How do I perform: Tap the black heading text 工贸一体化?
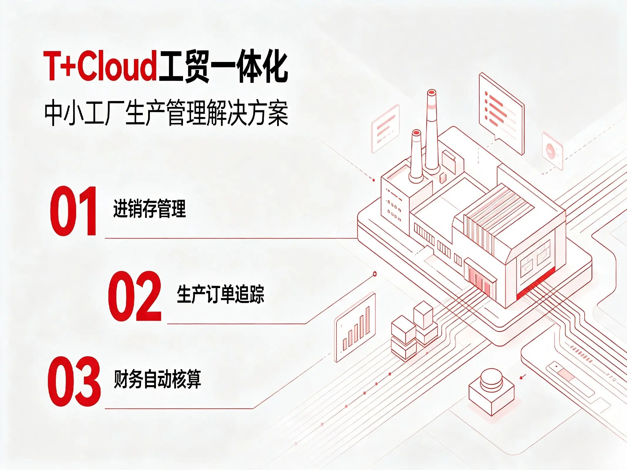coord(223,67)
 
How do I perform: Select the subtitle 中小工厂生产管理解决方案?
coord(166,113)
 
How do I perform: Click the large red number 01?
coord(73,211)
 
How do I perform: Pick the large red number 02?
coord(135,296)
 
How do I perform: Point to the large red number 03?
coord(74,381)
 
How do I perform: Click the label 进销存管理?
coord(150,209)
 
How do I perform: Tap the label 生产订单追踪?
coord(221,293)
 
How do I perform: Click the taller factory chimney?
coord(431,131)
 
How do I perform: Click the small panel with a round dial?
coord(552,150)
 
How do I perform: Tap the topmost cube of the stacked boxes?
coord(423,315)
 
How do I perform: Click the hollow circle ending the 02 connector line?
coord(375,274)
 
